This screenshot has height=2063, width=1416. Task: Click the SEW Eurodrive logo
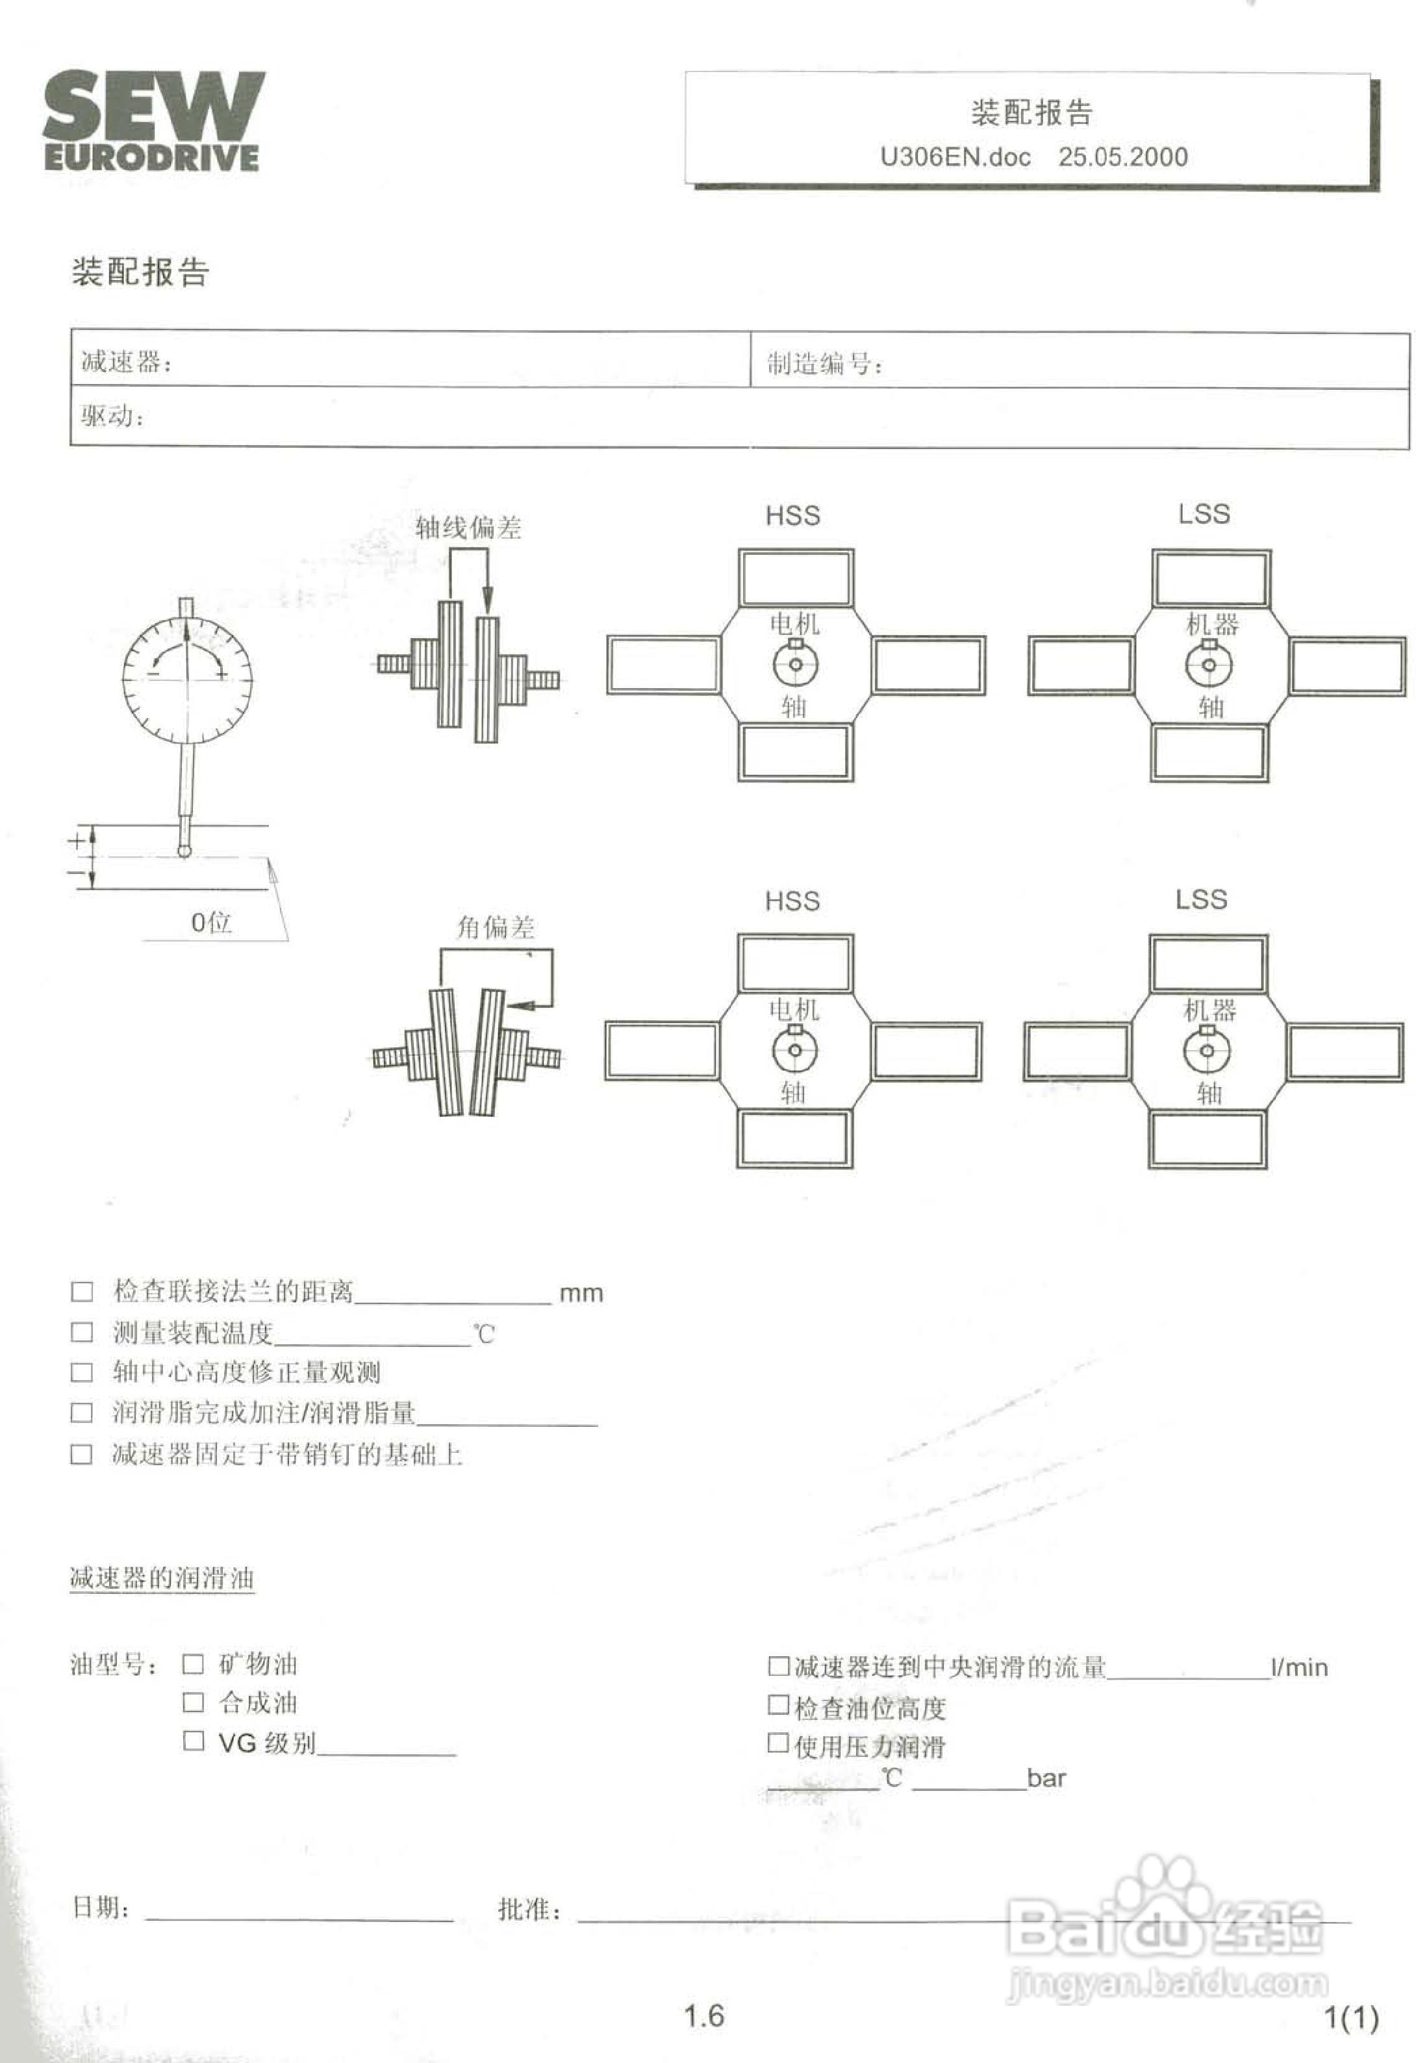pos(153,121)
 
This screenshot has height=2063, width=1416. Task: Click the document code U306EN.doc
pos(955,157)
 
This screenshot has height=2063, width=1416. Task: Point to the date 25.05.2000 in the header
pos(1122,157)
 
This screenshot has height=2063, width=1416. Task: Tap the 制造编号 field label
pos(824,363)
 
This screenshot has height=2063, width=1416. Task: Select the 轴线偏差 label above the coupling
pos(468,528)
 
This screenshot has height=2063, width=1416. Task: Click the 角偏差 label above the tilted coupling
pos(495,928)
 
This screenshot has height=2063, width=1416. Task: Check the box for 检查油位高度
pos(778,1704)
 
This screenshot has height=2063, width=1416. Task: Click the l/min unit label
pos(1299,1668)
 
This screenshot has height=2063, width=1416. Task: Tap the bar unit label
pos(1046,1778)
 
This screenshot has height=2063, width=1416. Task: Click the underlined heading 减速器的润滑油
pos(162,1578)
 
